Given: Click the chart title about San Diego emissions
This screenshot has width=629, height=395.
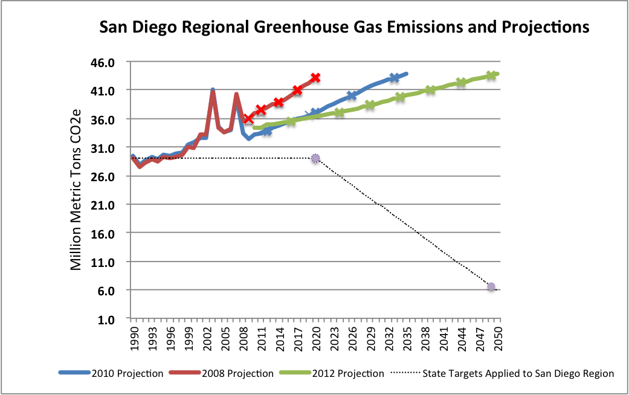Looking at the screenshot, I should tap(344, 27).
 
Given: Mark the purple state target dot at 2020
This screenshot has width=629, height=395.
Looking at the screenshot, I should tap(315, 158).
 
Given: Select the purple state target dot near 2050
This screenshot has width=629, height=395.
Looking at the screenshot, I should tap(491, 287).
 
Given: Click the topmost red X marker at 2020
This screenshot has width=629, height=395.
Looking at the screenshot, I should tap(315, 78).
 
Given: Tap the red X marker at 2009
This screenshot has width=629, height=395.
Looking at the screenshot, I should tap(248, 118).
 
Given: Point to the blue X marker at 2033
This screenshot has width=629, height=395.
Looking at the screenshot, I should tap(394, 78).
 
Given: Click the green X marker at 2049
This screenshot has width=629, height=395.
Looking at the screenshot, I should tap(491, 75).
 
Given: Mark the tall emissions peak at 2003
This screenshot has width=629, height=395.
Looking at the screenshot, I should tap(213, 91).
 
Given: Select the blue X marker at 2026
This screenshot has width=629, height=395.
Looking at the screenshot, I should tap(352, 95).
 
